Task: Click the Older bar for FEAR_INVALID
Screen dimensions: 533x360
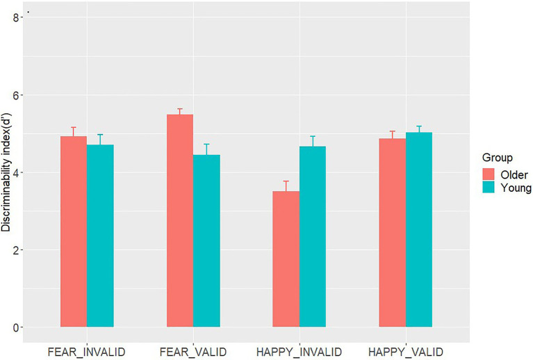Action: click(74, 231)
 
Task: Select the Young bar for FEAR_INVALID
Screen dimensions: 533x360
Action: click(100, 236)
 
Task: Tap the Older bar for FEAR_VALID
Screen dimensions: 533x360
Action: click(180, 220)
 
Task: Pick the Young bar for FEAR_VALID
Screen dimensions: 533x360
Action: click(206, 240)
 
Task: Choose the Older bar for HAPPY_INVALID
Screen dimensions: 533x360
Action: click(286, 259)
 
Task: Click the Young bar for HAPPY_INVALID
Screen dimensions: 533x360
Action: click(313, 236)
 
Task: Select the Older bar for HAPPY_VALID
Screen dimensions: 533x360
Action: click(392, 233)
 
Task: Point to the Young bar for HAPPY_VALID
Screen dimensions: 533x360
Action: click(419, 229)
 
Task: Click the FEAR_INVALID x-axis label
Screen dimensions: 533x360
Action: click(87, 352)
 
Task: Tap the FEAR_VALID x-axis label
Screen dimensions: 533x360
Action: click(193, 352)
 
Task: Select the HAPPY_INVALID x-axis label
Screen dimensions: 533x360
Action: click(299, 352)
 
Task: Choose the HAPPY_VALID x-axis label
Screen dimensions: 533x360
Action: click(406, 352)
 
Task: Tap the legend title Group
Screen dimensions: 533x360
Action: click(498, 158)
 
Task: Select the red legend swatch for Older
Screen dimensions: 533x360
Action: click(489, 174)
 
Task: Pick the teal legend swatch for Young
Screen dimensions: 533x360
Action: click(489, 187)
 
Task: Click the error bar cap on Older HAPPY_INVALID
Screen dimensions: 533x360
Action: click(286, 181)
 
